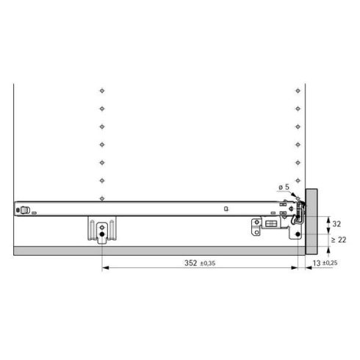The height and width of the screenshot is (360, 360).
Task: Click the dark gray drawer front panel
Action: (x=311, y=220)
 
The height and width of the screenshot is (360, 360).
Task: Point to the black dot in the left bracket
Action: (x=101, y=235)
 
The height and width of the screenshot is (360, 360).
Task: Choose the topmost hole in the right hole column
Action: (x=296, y=91)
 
